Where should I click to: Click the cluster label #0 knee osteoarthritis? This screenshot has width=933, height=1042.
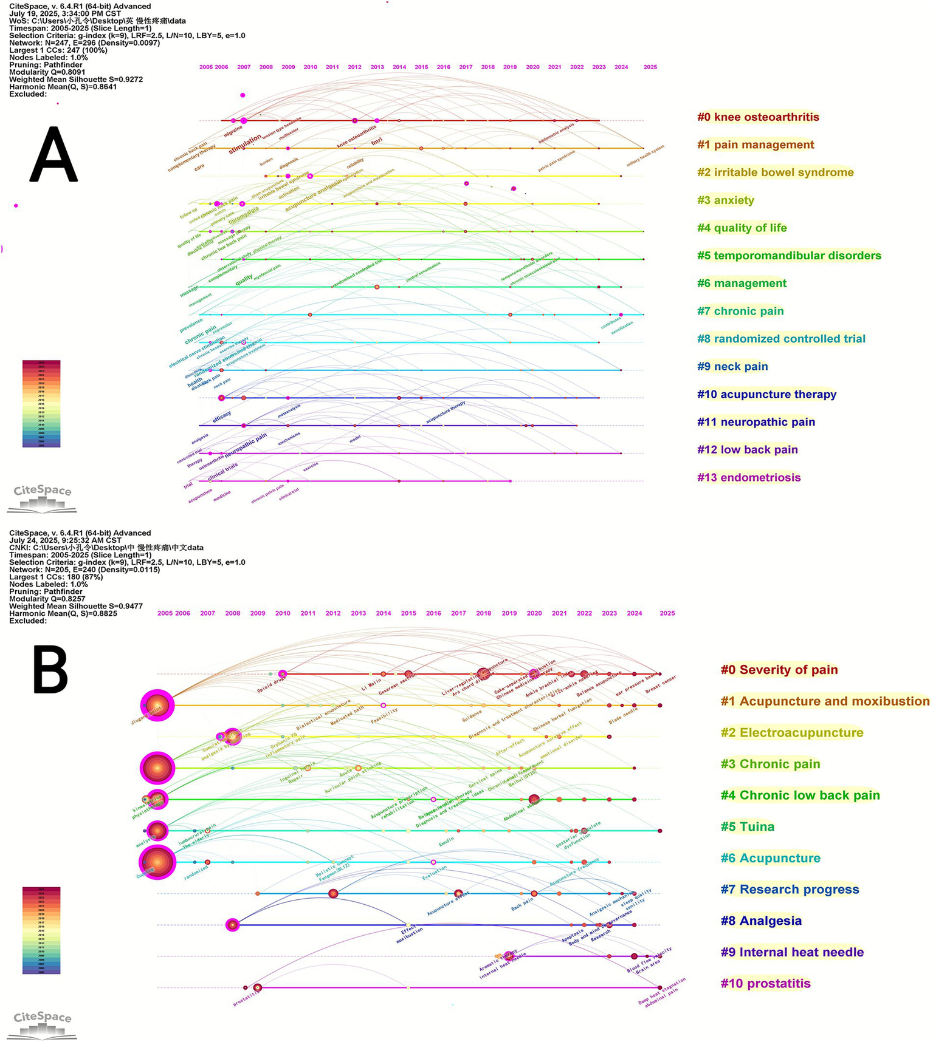click(x=758, y=117)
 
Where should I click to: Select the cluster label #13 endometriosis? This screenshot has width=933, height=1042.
click(x=749, y=477)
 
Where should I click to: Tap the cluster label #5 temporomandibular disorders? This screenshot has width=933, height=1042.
click(x=789, y=256)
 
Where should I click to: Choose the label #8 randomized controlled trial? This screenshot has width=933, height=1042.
click(x=781, y=339)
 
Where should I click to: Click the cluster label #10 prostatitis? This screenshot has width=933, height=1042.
click(x=765, y=983)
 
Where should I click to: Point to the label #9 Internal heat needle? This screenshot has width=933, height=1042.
click(x=792, y=952)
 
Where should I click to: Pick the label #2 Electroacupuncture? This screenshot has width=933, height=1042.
click(x=792, y=733)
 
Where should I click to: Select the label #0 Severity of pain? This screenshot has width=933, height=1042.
click(x=779, y=670)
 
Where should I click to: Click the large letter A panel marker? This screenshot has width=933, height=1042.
click(x=53, y=154)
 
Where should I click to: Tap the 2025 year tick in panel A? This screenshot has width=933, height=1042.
click(x=650, y=67)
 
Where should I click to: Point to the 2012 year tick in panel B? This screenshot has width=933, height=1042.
click(x=333, y=613)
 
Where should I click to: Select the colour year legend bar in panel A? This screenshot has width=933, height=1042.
click(x=41, y=404)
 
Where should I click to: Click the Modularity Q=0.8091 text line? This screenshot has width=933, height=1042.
click(x=47, y=72)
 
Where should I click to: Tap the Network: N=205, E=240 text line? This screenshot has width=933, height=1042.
click(x=84, y=570)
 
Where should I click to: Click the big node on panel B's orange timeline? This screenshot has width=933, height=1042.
click(x=157, y=706)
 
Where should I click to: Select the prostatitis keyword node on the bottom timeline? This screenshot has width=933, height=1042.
click(x=258, y=988)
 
